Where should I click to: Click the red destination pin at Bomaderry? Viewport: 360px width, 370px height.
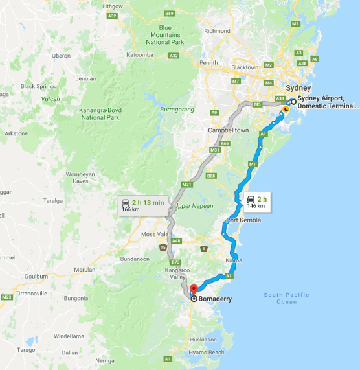[x=192, y=289]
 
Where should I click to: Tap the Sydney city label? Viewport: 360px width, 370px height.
[x=298, y=88]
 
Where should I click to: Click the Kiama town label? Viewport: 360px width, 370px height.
[x=234, y=260]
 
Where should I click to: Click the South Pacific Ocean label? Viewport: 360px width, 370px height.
[x=287, y=298]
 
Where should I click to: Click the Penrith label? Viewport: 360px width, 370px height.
[x=208, y=63]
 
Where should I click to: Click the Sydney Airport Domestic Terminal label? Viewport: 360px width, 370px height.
[x=326, y=102]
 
